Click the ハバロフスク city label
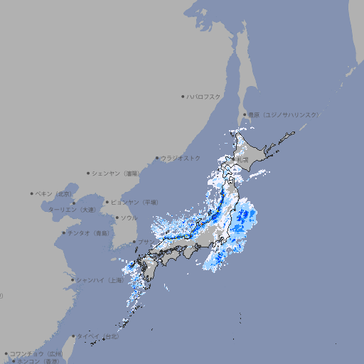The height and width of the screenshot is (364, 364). (x=204, y=96)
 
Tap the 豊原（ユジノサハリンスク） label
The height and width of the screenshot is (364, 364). (x=283, y=114)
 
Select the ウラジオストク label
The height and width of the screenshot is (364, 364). (x=181, y=158)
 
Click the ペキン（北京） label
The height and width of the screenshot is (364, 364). (x=54, y=193)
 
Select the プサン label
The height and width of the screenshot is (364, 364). (x=145, y=242)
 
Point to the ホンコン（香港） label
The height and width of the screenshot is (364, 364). (x=37, y=361)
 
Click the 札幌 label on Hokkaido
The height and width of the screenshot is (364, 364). (x=244, y=159)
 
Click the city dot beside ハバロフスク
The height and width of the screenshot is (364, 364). (x=183, y=96)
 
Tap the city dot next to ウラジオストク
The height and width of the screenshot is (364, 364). (x=157, y=158)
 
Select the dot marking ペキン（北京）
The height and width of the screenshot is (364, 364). (x=32, y=193)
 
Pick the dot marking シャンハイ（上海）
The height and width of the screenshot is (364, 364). (x=73, y=280)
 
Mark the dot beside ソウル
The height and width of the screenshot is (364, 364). (x=117, y=218)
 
